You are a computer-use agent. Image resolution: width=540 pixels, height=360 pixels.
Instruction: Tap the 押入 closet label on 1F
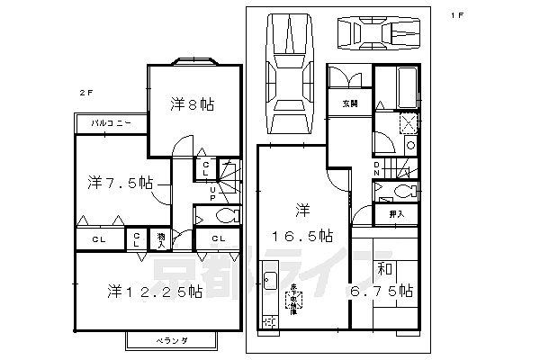point(396,215)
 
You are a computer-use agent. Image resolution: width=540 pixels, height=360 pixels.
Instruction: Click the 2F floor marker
point(84,92)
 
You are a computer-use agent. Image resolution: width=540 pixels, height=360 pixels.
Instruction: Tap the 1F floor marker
point(459,15)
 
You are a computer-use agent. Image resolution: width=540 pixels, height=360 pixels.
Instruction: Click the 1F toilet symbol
point(400,191)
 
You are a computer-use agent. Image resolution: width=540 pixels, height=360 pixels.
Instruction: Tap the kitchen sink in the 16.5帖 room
point(268,279)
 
